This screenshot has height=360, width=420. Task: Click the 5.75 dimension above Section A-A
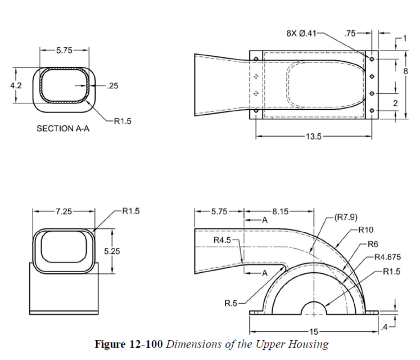point(64,51)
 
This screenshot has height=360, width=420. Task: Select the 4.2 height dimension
point(16,85)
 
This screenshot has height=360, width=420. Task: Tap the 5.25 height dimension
point(112,251)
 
